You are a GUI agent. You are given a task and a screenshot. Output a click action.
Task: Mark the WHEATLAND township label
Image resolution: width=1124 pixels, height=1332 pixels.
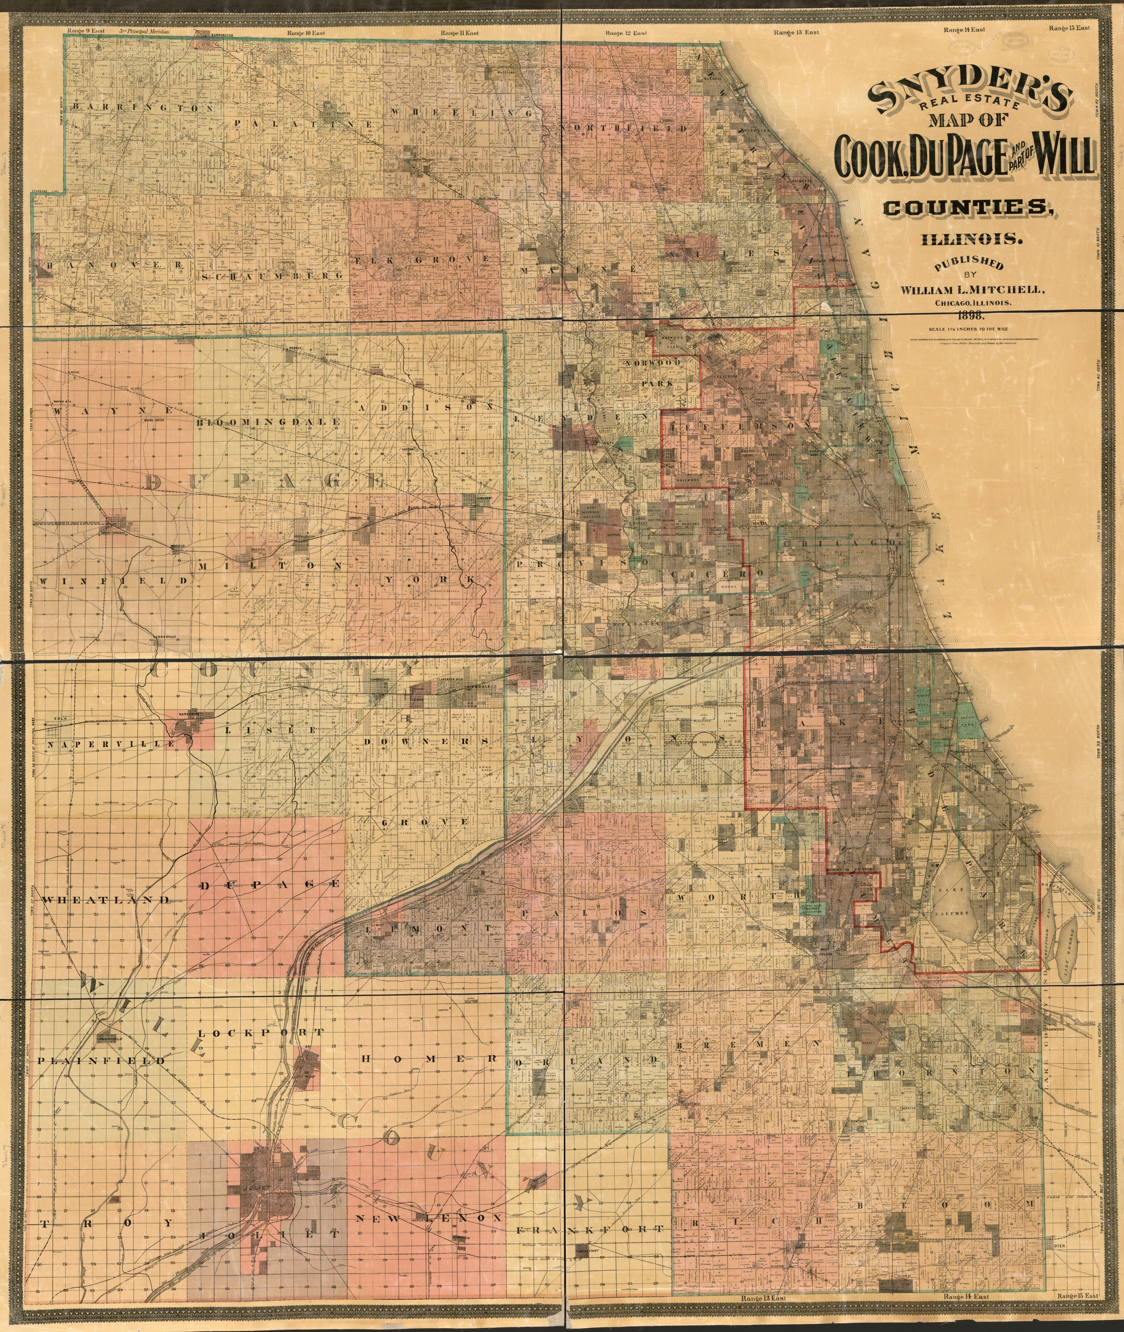click(x=107, y=900)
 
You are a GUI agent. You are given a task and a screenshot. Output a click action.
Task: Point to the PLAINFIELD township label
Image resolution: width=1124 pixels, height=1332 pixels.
click(x=101, y=1061)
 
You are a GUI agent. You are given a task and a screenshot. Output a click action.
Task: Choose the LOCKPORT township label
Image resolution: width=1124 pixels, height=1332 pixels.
click(x=261, y=1032)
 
